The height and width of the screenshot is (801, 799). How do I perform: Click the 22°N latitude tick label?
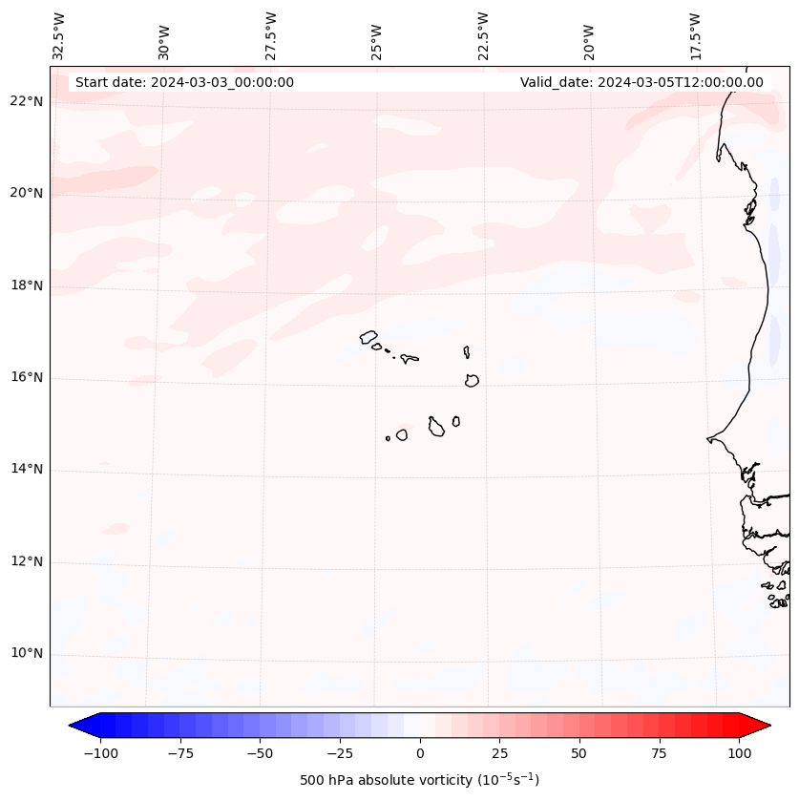[27, 101]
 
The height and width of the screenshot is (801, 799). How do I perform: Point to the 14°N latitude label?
[27, 469]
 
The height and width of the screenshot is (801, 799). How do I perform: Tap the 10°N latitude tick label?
[27, 653]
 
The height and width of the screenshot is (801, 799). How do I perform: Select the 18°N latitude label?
[27, 285]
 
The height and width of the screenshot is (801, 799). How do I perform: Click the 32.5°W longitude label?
[60, 34]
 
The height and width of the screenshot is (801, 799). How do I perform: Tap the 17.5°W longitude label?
[695, 34]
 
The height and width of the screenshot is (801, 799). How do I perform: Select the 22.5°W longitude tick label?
[483, 34]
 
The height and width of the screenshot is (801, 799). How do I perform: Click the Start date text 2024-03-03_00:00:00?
[184, 82]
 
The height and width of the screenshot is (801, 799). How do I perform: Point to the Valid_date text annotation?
[641, 82]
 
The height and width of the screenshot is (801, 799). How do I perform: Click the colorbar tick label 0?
[420, 753]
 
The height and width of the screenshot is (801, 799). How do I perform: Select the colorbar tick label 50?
[579, 753]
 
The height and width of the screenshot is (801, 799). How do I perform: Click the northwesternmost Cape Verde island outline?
[368, 336]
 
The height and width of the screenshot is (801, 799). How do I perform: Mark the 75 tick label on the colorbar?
[660, 753]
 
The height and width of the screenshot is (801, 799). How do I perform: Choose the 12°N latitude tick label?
[27, 561]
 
